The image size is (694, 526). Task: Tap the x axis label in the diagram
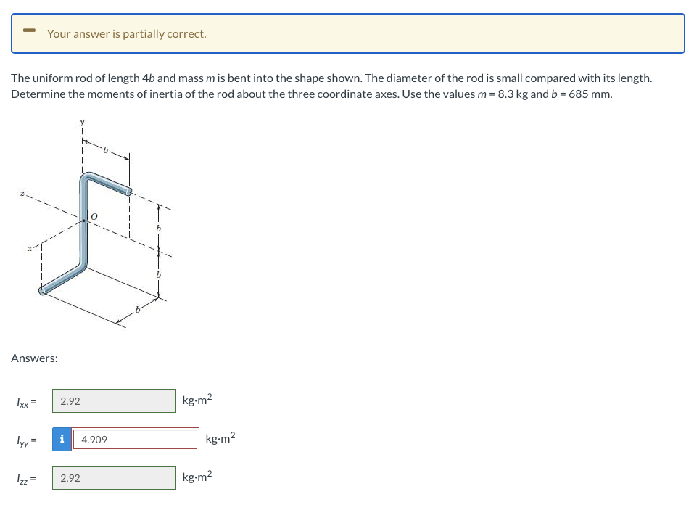coord(30,248)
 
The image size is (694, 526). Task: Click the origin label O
coord(94,216)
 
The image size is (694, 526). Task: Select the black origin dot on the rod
coord(84,220)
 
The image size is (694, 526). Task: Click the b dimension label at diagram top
coord(105,150)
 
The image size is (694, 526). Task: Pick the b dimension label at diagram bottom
coord(136,311)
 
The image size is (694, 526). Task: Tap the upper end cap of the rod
coord(129,192)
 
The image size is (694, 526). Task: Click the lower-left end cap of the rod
coord(42,291)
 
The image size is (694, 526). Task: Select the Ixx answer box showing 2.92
coord(114,401)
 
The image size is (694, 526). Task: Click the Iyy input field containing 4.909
coord(136,440)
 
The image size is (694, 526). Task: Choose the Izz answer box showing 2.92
coord(114,478)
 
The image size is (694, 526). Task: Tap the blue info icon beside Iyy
coord(62,440)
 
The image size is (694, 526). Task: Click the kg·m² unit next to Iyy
coord(220,439)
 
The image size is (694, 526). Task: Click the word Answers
coord(35,358)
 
